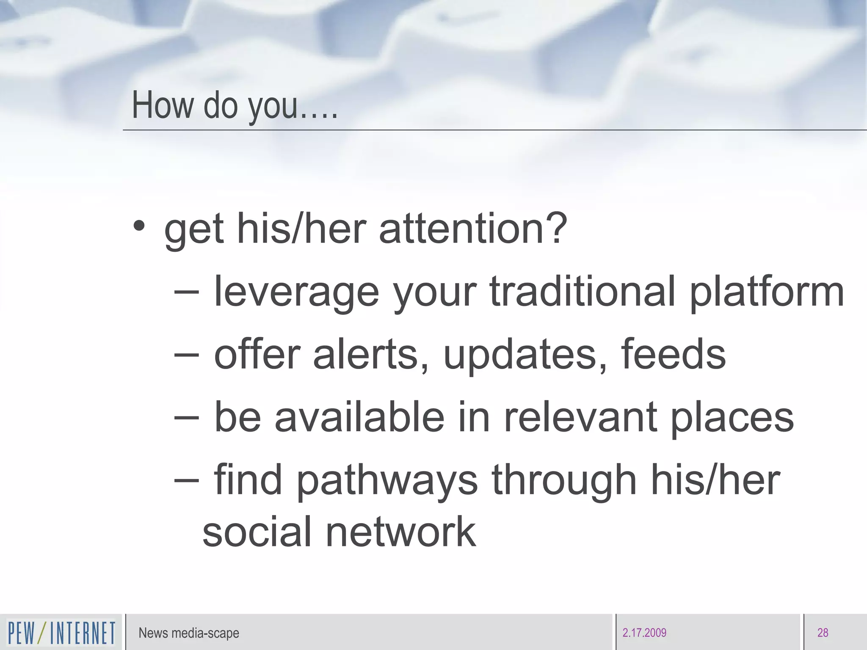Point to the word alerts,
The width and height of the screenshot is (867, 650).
point(370,355)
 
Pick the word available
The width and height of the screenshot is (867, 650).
point(359,417)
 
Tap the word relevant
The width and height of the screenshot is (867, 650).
point(580,417)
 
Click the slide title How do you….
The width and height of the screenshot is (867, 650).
point(235,105)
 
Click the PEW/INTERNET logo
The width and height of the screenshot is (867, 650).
point(61,633)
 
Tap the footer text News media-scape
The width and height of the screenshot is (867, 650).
point(189,633)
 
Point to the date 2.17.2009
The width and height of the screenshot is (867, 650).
point(644,633)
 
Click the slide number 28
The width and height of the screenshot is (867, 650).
point(823,633)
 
